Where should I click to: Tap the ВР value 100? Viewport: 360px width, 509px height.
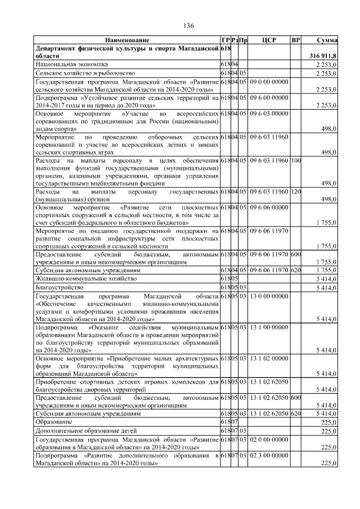point(296,161)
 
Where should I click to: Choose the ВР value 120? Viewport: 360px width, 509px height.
point(296,193)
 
